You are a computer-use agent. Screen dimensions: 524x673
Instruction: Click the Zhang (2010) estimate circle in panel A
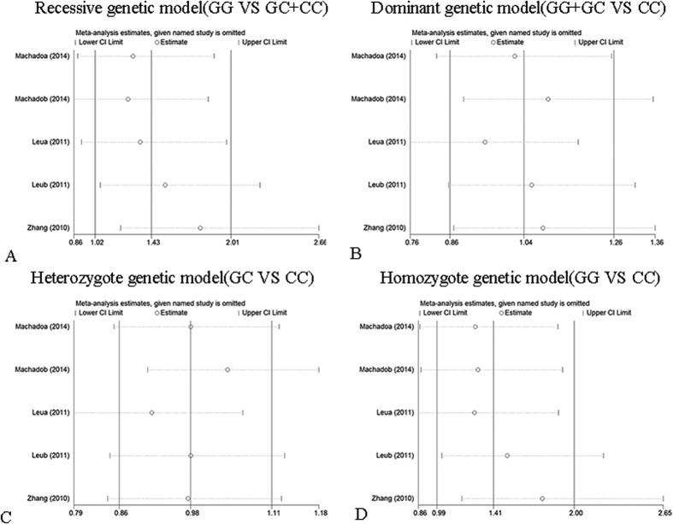[x=200, y=228]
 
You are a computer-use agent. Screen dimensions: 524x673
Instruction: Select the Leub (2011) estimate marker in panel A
[x=165, y=185]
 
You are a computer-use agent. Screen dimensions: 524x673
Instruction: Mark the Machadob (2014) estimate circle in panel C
[x=227, y=370]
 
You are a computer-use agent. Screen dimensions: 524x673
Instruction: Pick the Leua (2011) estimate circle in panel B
[x=485, y=142]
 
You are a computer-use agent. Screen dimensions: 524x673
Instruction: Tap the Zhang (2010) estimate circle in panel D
[x=542, y=498]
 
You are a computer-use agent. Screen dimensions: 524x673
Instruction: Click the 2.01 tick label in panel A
[x=231, y=244]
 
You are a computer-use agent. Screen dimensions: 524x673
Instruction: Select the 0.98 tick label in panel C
[x=191, y=514]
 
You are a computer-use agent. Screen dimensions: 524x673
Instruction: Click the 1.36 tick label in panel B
[x=657, y=244]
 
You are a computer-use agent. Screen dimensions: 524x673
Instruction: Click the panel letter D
[x=345, y=515]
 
